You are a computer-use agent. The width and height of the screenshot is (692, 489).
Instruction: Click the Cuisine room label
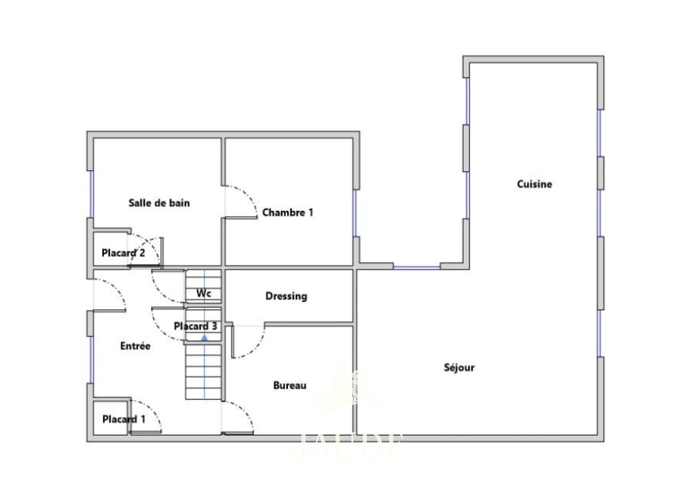coord(534,184)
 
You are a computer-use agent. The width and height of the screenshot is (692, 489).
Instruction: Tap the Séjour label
coord(459,367)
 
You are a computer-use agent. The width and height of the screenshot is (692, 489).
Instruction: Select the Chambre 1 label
coord(288,212)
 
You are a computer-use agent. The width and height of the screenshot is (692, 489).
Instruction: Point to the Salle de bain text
coord(159,203)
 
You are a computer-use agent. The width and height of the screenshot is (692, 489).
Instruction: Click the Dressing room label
coord(286,296)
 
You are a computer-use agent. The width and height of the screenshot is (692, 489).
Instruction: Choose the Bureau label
coord(289,385)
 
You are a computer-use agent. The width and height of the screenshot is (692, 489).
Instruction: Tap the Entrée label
coord(135,346)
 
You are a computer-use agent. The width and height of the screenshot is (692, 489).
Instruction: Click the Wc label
coord(204,293)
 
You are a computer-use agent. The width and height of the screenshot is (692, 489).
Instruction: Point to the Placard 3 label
coord(195,326)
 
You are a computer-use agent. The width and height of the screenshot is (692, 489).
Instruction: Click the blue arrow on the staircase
coord(204,337)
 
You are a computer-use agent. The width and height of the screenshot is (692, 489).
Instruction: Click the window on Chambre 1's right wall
coord(355,213)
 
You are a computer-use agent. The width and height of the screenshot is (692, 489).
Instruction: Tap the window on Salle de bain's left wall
coord(91,194)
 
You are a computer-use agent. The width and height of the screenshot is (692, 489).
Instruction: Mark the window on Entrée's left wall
coord(91,360)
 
